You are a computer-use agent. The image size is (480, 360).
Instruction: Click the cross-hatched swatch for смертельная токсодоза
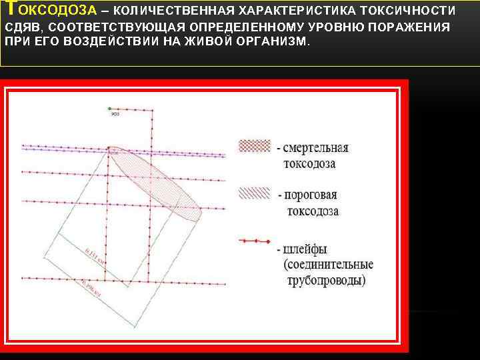click(x=254, y=145)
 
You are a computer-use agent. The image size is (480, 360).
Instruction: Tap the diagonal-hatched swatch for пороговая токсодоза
click(x=254, y=193)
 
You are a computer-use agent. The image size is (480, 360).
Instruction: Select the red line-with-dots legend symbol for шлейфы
click(x=254, y=241)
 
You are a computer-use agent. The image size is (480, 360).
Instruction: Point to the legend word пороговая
click(x=311, y=195)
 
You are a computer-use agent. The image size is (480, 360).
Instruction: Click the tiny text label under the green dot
click(x=115, y=115)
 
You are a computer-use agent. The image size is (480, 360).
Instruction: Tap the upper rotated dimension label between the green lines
click(x=95, y=257)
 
